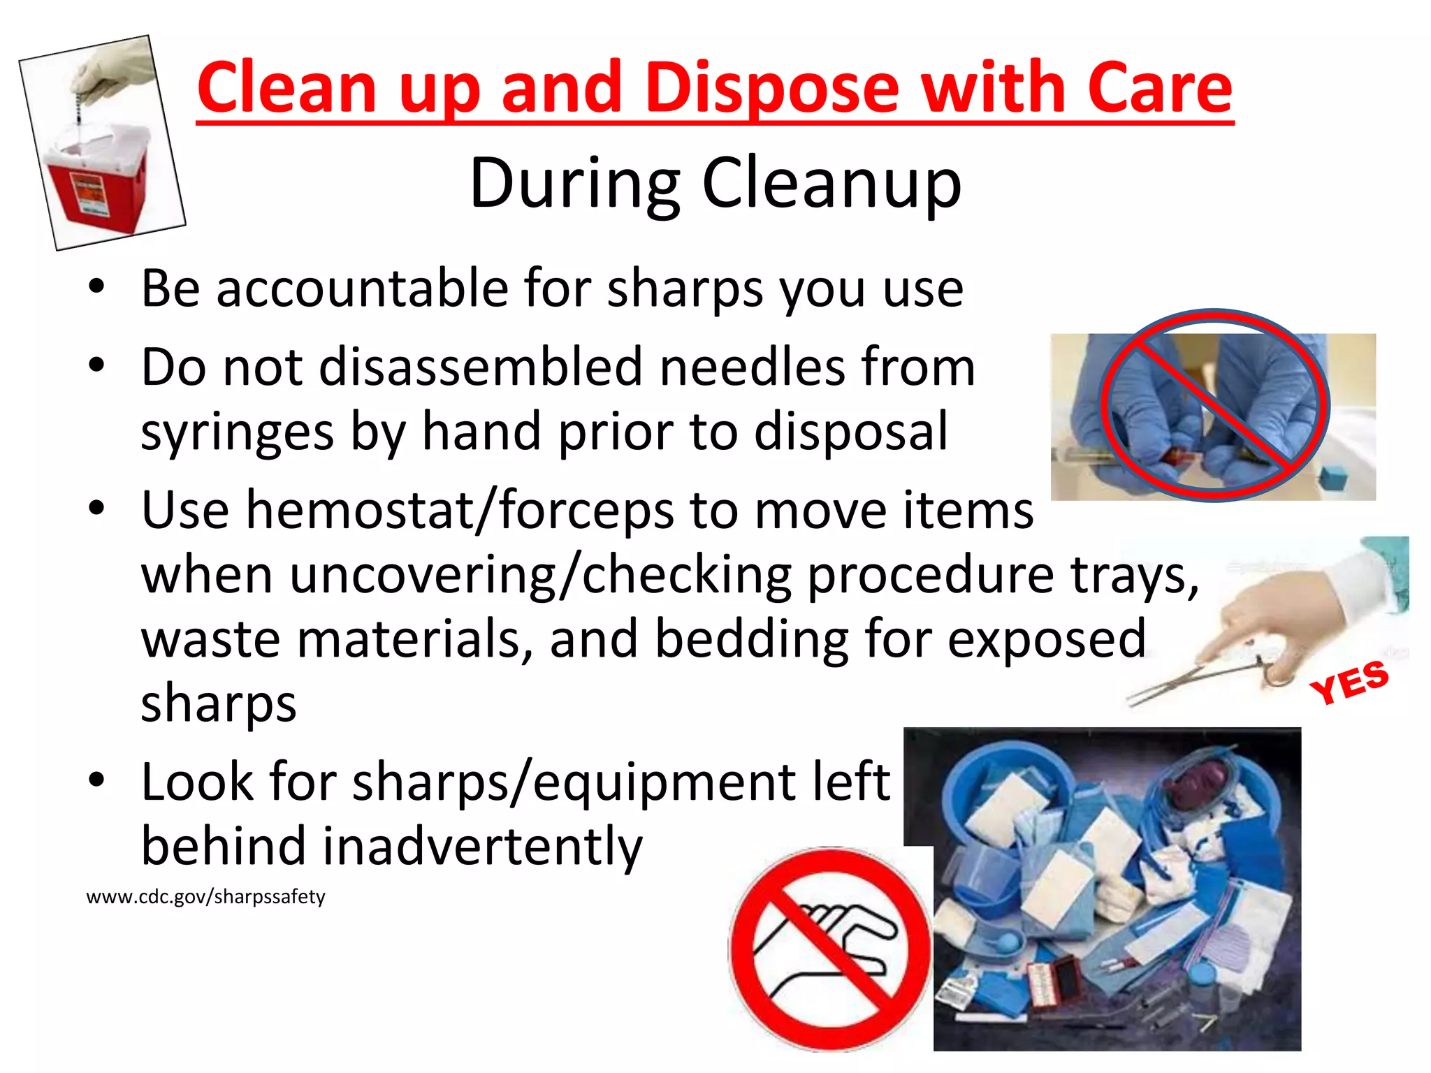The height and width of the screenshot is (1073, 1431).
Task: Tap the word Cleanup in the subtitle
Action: pos(831,184)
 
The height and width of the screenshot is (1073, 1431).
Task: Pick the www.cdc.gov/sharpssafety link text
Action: pos(205,897)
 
